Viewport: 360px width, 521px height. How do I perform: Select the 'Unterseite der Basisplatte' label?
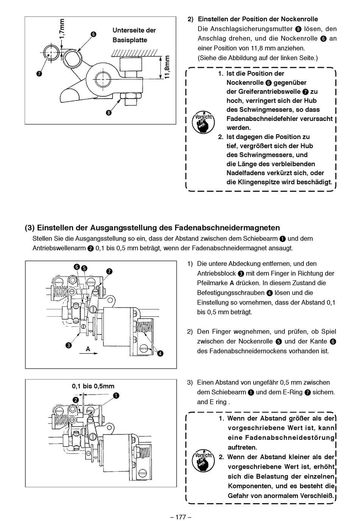point(134,35)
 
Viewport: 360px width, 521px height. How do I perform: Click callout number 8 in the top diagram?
point(109,112)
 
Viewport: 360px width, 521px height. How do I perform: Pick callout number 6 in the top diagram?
point(93,34)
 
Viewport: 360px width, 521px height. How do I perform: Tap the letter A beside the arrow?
point(88,348)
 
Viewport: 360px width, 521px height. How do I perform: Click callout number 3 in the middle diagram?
point(68,345)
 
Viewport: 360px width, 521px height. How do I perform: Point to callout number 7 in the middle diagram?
point(109,271)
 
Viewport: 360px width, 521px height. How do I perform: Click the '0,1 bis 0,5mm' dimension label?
point(93,386)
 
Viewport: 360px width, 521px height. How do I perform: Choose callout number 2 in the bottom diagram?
point(76,400)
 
